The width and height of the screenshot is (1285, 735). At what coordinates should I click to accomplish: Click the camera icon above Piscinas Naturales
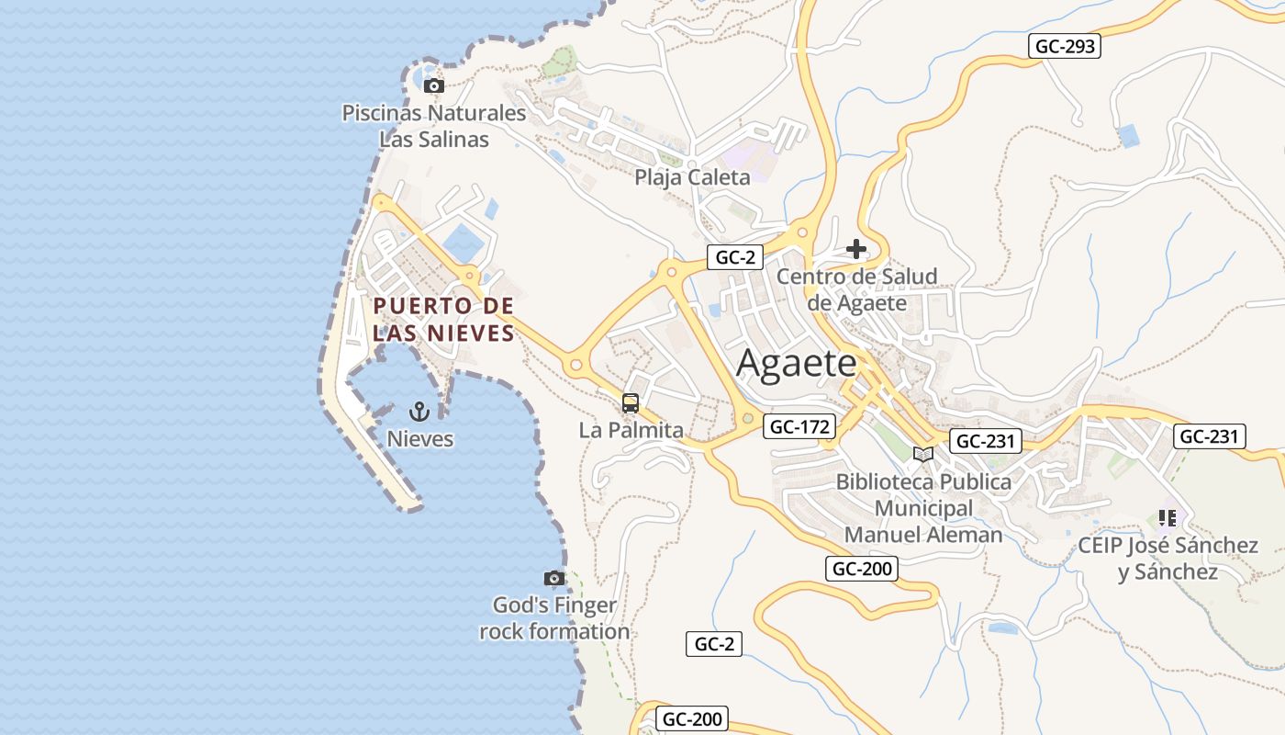click(434, 86)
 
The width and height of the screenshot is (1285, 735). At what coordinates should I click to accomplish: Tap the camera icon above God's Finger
click(553, 578)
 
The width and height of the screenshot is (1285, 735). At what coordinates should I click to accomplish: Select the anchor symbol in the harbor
click(419, 411)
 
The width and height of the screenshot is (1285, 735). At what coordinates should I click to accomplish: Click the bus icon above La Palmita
click(631, 402)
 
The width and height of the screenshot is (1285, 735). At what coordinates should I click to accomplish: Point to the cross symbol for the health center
click(856, 248)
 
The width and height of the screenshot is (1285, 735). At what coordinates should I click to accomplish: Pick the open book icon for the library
click(923, 454)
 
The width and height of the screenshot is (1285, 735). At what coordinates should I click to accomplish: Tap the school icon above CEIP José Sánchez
click(1168, 518)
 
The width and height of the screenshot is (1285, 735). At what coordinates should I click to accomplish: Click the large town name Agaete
click(796, 364)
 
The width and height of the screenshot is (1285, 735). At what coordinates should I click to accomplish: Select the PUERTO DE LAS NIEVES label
click(443, 319)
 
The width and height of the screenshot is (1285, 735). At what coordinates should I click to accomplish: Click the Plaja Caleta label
click(692, 177)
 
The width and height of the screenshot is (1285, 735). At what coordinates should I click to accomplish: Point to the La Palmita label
click(631, 430)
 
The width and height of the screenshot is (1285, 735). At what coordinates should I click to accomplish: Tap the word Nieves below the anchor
click(419, 439)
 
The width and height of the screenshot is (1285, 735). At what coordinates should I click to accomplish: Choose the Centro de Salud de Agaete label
click(857, 289)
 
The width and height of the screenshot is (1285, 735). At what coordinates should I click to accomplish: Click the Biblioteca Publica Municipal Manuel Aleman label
click(923, 508)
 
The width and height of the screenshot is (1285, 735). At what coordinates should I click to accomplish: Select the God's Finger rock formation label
click(554, 618)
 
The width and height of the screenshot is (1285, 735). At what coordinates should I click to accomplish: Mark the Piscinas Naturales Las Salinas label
click(434, 126)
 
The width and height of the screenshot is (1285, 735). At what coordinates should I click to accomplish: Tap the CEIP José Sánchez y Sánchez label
click(1168, 559)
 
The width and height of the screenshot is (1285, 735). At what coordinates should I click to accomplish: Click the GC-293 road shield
click(1064, 46)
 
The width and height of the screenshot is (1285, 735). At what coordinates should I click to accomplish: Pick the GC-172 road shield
click(800, 426)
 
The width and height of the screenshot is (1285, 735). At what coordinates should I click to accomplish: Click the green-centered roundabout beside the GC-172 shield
click(748, 419)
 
